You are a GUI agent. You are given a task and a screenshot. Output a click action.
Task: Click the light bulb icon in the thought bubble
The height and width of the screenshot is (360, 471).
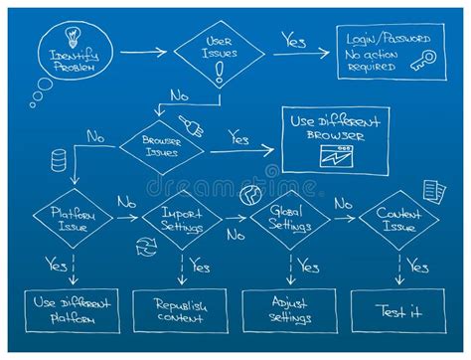click(73, 33)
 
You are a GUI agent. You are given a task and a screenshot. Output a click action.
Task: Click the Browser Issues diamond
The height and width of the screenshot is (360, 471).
click(161, 147)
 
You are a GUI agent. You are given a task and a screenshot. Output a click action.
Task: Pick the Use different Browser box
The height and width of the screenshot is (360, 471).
click(335, 140)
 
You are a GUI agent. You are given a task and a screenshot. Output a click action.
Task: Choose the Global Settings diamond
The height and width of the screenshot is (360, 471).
click(289, 220)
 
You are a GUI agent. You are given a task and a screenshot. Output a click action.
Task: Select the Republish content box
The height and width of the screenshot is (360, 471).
click(180, 310)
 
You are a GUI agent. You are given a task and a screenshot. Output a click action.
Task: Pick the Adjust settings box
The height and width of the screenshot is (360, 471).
click(290, 310)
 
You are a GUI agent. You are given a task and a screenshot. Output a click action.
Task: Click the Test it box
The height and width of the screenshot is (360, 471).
click(399, 310)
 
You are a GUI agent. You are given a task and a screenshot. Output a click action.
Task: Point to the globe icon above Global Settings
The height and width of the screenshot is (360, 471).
click(249, 194)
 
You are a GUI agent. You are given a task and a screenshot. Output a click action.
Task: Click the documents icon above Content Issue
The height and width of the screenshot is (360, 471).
click(433, 190)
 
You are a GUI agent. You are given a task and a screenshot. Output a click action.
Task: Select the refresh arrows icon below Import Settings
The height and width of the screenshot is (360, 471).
click(146, 247)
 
